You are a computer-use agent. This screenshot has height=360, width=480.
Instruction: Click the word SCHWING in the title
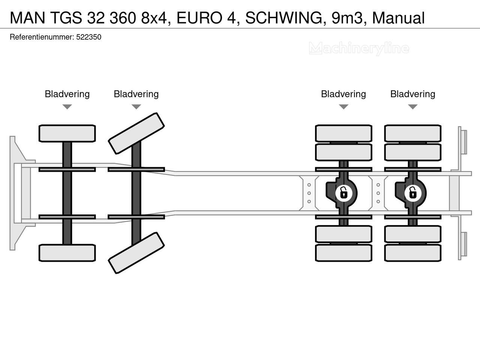(x=285, y=18)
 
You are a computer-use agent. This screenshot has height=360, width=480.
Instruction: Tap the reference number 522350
(x=88, y=37)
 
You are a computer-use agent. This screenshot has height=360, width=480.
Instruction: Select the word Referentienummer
(x=42, y=37)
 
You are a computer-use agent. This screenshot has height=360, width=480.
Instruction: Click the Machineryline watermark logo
(x=359, y=48)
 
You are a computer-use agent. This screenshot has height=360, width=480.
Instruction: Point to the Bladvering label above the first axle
(x=67, y=94)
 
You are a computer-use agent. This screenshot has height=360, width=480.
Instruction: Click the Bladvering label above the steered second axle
(x=136, y=94)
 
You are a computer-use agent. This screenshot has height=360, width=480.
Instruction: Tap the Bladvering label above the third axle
(x=343, y=94)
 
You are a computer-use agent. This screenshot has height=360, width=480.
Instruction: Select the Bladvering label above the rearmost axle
(x=412, y=94)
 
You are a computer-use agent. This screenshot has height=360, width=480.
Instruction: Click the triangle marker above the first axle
(x=67, y=107)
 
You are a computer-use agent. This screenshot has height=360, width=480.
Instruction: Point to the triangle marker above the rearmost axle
(x=412, y=107)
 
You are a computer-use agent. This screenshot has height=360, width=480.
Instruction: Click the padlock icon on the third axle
(x=343, y=193)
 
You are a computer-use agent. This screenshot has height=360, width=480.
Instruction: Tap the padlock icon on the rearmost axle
(x=412, y=193)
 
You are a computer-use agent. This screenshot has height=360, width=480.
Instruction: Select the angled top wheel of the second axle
(x=136, y=133)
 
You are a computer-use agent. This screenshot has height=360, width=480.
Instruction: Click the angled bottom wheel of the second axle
(x=136, y=253)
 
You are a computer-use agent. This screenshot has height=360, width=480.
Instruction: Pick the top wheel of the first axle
(x=67, y=133)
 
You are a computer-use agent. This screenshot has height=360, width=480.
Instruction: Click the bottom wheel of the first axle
(x=67, y=253)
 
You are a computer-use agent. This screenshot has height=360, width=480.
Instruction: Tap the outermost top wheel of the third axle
(x=343, y=133)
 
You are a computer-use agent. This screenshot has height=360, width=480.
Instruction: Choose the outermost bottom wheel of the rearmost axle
(x=412, y=253)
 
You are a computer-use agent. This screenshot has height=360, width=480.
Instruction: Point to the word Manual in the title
(x=399, y=18)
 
